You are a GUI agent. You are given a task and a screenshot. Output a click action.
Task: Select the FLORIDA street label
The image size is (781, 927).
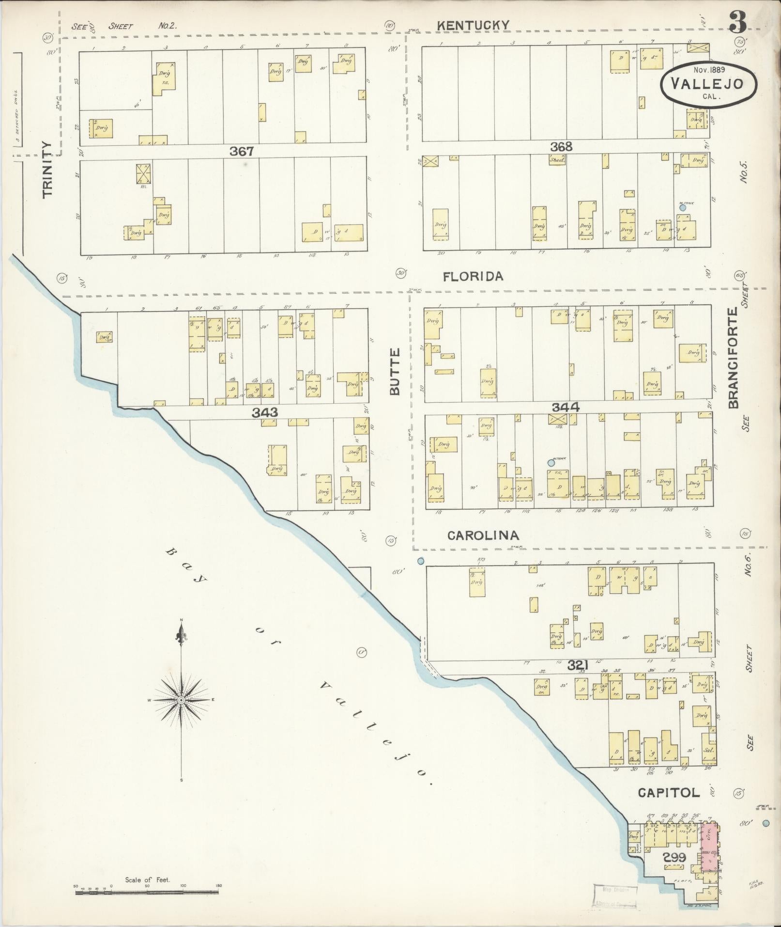tap(473, 276)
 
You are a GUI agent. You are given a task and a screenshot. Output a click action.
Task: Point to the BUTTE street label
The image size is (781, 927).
tap(395, 372)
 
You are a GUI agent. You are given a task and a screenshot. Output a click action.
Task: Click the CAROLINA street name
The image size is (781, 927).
tap(483, 535)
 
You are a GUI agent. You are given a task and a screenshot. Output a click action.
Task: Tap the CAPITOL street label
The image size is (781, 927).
tap(668, 793)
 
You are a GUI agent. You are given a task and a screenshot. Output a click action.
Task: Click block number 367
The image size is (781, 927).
tap(242, 152)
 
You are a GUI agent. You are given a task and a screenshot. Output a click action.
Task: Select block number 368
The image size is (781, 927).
tap(561, 146)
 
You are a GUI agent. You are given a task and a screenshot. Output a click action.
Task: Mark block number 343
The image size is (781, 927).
tap(265, 412)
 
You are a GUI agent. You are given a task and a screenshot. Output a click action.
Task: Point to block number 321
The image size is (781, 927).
tap(577, 667)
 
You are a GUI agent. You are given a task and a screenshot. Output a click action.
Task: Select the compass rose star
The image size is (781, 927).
tap(181, 700)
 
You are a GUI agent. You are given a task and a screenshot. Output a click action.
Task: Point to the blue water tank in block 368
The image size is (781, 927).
tap(683, 207)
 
